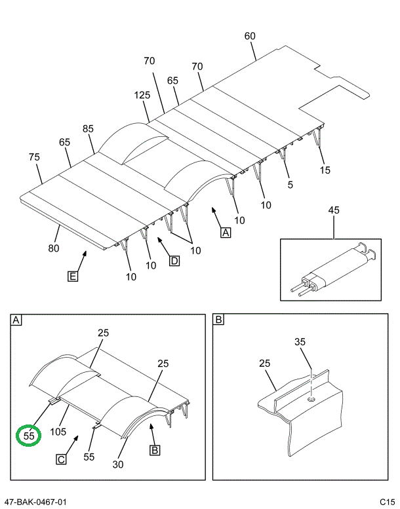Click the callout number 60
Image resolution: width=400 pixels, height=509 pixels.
[249, 36]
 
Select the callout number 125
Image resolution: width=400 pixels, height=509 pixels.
[142, 95]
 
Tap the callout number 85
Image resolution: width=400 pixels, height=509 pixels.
[88, 128]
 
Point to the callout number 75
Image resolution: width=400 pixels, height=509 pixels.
[35, 157]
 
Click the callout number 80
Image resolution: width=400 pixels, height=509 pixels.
[53, 248]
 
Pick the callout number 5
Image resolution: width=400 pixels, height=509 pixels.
[290, 185]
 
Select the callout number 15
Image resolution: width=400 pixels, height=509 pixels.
[325, 170]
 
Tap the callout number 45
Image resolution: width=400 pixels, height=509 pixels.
[333, 210]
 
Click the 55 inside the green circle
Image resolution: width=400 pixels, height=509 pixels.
[29, 434]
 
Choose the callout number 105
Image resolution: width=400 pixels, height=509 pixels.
[58, 432]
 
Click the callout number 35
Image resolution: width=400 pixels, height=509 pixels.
[300, 341]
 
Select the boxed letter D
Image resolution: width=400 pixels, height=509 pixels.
[174, 261]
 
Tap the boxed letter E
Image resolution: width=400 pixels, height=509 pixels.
[73, 276]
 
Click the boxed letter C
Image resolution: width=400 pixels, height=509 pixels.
[61, 459]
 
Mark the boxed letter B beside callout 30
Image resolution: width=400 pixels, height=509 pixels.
[155, 450]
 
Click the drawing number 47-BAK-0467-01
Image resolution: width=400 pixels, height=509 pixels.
[34, 502]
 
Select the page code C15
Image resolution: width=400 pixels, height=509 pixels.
[386, 502]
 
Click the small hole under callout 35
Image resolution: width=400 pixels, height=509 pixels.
[310, 398]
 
